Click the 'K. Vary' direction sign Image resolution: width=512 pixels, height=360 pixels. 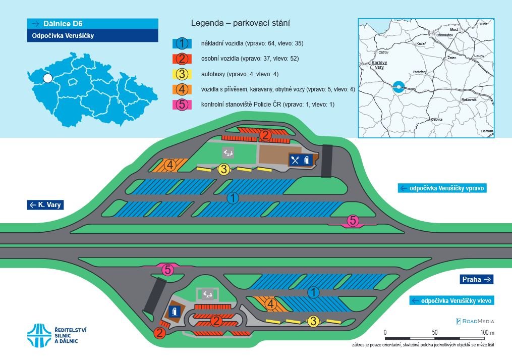point(46,204)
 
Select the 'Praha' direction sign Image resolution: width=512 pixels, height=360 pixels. point(476,279)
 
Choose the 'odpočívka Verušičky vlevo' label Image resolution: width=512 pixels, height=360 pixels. point(451,300)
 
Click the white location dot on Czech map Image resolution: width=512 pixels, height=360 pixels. point(47,78)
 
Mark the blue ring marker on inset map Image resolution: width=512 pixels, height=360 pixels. point(399,87)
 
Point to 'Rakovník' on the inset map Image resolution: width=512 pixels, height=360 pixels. point(469,100)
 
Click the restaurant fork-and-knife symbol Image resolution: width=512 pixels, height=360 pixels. point(296,160)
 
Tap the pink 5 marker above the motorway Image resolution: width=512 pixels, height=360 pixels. point(353,220)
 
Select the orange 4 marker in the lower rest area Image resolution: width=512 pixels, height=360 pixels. point(270,304)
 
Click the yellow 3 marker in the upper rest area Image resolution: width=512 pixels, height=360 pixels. point(224,169)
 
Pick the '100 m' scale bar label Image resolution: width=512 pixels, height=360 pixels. point(487,332)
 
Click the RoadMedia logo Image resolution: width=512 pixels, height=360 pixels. point(475,321)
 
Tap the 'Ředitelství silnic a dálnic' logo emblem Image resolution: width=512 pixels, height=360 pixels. point(38,336)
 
